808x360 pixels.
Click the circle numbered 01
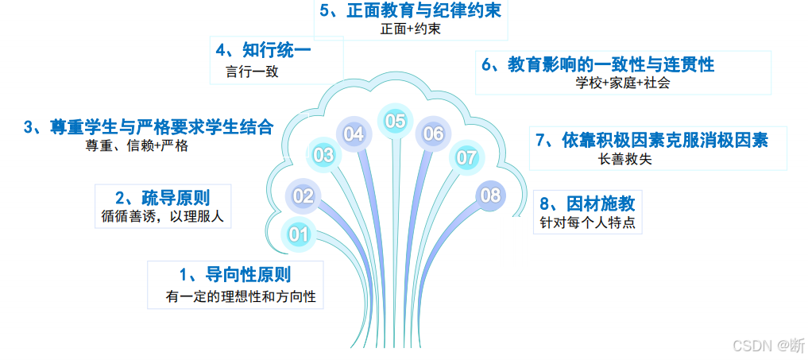pos(299,234)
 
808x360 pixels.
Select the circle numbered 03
pos(323,156)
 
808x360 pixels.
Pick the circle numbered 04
pos(354,134)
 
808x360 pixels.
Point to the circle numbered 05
pos(395,121)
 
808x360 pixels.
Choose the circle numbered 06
pos(433,134)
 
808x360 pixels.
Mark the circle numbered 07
pos(466,157)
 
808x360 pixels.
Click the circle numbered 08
pos(491,195)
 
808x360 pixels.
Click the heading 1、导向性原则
pos(235,275)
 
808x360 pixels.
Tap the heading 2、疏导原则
pos(163,197)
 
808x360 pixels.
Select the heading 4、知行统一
pos(263,50)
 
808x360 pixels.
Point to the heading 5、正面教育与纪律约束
pos(410,10)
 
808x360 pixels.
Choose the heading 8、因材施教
pos(587,202)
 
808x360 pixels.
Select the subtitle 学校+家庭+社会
pos(623,83)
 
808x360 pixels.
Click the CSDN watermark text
pos(767,345)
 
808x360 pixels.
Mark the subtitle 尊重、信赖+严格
pos(137,146)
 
